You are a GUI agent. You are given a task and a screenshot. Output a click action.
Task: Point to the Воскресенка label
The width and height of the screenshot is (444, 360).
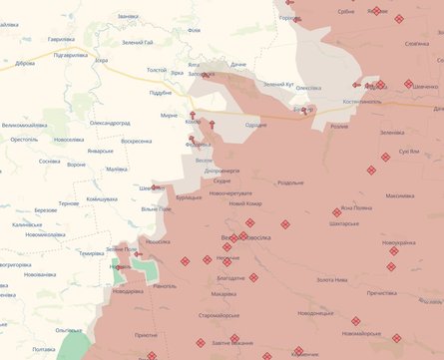136,141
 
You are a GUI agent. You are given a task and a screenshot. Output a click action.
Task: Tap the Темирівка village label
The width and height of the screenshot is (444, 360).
92,253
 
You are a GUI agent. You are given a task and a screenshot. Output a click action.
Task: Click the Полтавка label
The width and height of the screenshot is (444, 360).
43,349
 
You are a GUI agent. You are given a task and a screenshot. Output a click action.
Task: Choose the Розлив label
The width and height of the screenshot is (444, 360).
339,127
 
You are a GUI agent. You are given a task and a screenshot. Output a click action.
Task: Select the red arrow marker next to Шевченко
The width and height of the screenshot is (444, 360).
159,186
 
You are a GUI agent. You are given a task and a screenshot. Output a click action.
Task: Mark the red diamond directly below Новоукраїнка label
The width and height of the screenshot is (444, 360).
392,251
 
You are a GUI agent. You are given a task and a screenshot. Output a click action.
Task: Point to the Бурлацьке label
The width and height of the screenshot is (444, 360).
188,197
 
